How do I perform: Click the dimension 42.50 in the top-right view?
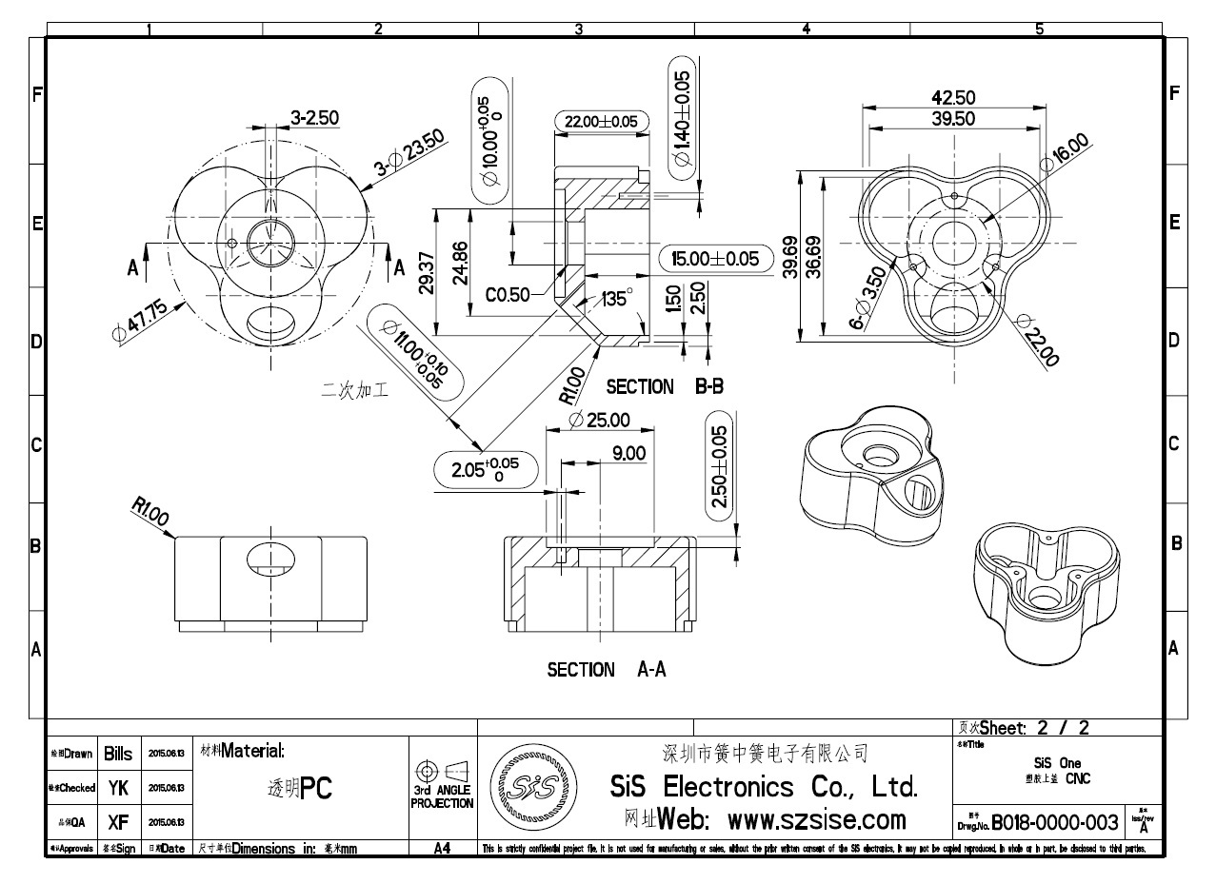954,97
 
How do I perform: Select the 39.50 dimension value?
952,118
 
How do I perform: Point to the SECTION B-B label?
665,386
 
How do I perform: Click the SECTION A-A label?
606,670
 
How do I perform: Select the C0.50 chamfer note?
508,295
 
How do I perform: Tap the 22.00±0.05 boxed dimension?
601,122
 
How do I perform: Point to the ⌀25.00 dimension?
598,420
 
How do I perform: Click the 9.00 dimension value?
628,453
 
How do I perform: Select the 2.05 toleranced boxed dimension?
485,470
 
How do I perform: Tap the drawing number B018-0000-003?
1054,821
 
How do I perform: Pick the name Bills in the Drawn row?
118,754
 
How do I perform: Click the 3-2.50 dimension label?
315,118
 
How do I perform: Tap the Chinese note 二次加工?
355,388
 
